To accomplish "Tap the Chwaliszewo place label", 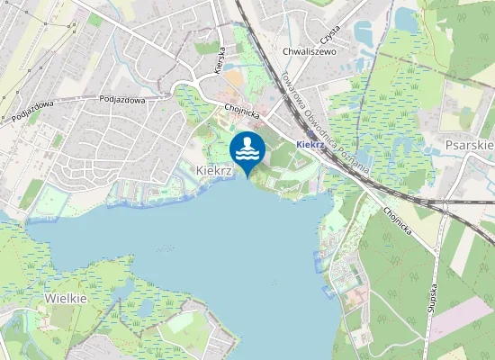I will (309, 52).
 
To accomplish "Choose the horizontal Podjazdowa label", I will (122, 100).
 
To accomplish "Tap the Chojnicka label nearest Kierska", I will (240, 113).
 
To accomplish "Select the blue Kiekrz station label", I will (310, 144).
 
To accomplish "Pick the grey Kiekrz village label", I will (215, 168).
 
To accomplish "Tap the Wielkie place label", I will (66, 296).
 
